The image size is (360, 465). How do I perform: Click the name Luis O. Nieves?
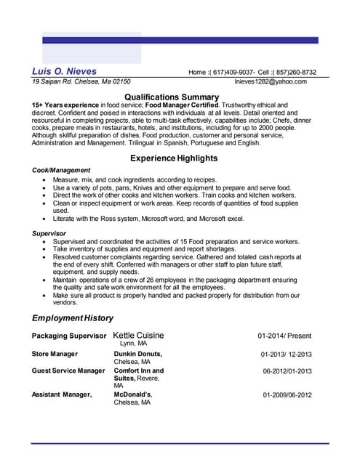64,71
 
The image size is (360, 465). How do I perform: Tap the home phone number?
231,72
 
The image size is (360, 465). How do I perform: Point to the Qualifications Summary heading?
172,97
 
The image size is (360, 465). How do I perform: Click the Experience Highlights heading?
173,158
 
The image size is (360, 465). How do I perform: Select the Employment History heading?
73,318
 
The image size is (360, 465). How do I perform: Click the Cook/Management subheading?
61,170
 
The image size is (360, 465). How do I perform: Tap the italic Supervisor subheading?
49,233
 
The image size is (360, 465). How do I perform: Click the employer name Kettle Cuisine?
138,335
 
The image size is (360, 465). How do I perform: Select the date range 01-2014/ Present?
284,336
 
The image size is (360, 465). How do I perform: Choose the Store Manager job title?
55,354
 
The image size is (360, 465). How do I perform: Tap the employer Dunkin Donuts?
137,354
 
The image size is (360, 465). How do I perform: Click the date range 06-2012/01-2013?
287,371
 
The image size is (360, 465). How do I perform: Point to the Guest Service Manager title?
68,371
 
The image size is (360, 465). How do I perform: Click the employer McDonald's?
132,395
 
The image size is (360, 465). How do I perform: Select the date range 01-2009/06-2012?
287,395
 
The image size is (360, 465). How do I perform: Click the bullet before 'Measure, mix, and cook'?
46,179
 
